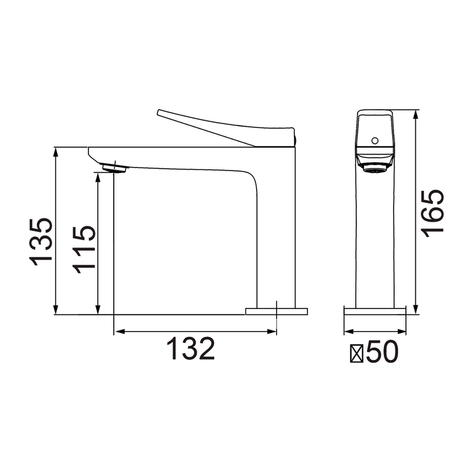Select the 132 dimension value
pyautogui.click(x=191, y=348)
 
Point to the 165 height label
pyautogui.click(x=432, y=214)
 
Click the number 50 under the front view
pyautogui.click(x=382, y=352)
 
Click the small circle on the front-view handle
pyautogui.click(x=375, y=140)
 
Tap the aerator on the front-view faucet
pyautogui.click(x=375, y=168)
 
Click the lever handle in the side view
pyautogui.click(x=226, y=128)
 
